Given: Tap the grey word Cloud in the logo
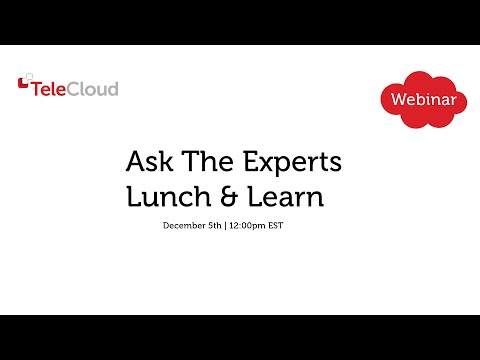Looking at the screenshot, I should point(95,89).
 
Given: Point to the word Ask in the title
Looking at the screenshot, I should point(147,162).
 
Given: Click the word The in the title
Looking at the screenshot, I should point(198,162).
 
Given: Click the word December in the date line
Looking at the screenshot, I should point(183,226).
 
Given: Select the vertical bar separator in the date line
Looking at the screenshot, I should point(226,226).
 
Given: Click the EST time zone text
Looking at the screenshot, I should point(276,226).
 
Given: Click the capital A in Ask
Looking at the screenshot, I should point(135,162).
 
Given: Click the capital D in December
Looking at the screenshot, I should point(166,226).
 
